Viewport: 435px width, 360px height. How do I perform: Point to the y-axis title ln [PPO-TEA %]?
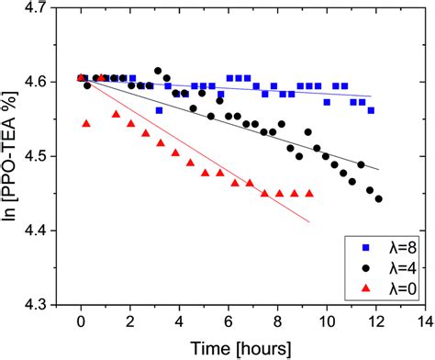pyautogui.click(x=13, y=156)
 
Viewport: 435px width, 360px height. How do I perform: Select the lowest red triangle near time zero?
pyautogui.click(x=86, y=123)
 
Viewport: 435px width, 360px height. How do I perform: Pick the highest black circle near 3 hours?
pyautogui.click(x=158, y=71)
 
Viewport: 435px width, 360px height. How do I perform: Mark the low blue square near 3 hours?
pyautogui.click(x=159, y=110)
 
